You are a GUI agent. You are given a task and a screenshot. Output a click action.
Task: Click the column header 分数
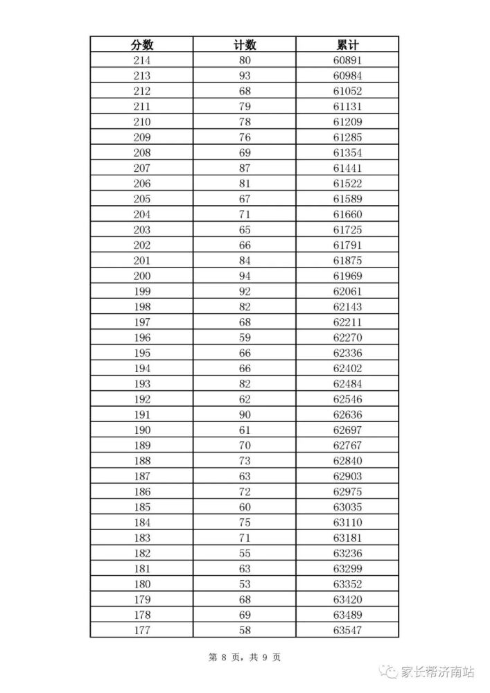(141, 45)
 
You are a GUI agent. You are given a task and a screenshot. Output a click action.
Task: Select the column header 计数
(245, 45)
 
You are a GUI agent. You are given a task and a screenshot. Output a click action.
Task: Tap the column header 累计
(347, 45)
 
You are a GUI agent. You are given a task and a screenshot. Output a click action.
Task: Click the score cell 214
(141, 60)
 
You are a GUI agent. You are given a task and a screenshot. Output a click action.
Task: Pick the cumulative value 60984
(347, 76)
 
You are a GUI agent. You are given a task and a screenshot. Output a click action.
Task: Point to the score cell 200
(141, 276)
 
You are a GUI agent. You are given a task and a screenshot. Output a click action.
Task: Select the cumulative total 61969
(347, 276)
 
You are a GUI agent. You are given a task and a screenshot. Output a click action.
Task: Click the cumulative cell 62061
(347, 291)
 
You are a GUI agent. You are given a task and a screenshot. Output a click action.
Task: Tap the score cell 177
(141, 630)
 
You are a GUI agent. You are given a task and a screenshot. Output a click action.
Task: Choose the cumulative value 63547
(347, 630)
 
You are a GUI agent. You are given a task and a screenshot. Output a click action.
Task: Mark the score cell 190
(141, 430)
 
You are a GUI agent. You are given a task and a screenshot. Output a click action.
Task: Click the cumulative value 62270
(347, 337)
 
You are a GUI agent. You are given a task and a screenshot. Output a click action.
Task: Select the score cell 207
(141, 168)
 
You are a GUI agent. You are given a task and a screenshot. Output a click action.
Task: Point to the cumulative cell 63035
(347, 507)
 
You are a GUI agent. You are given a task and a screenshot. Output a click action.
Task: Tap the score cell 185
(141, 507)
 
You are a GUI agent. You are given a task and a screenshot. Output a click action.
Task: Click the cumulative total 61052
(347, 91)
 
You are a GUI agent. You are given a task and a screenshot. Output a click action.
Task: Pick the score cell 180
(141, 584)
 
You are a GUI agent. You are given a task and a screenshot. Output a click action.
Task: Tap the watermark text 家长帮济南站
(439, 672)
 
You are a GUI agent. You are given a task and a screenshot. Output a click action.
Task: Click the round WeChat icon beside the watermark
(393, 672)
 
